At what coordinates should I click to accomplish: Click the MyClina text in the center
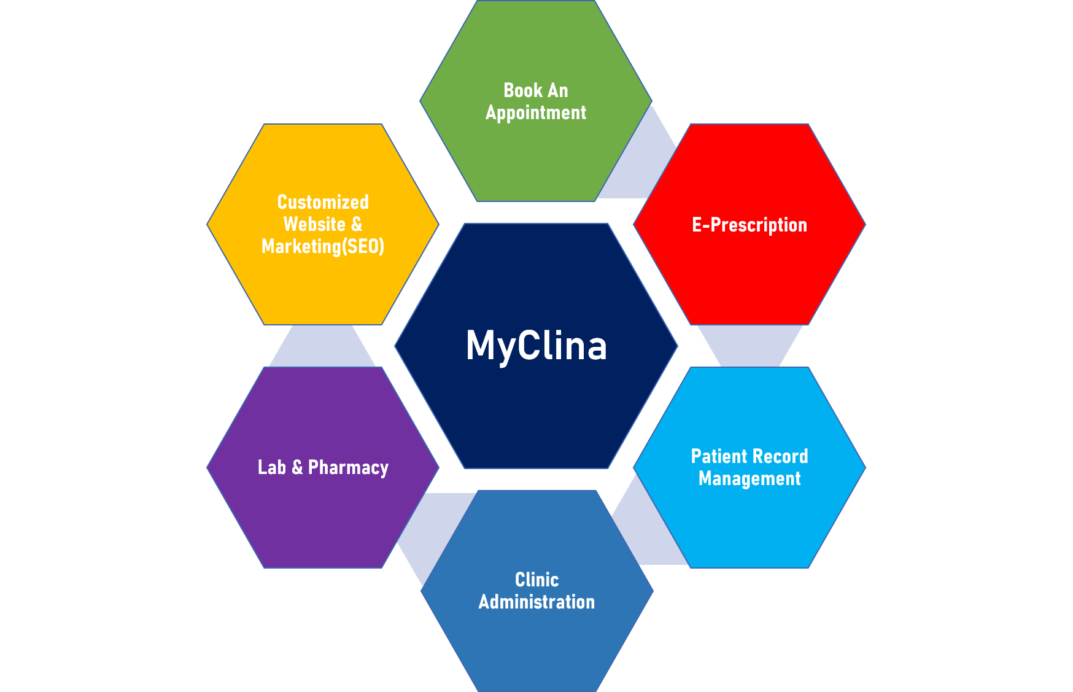click(536, 346)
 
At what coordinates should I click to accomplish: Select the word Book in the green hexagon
click(523, 90)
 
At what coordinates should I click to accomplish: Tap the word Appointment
click(536, 113)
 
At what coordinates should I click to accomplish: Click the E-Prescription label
click(749, 225)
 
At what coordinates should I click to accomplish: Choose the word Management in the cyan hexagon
click(749, 478)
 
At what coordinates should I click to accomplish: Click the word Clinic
click(536, 580)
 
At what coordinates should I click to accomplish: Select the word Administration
click(536, 602)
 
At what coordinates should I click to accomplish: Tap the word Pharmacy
click(348, 468)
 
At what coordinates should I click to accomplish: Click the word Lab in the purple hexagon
click(272, 467)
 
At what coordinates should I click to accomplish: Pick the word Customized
click(323, 202)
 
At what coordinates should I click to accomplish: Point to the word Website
click(314, 224)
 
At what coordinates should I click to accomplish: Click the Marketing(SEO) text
click(323, 246)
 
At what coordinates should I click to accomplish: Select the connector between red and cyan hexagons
click(750, 346)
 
